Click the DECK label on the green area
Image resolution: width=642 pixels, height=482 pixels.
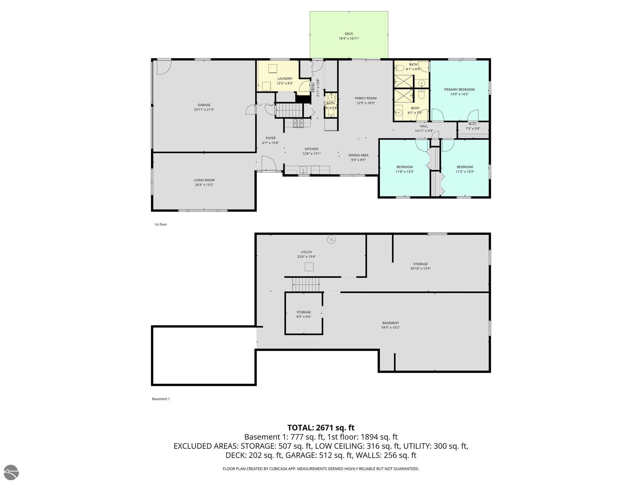[349, 34]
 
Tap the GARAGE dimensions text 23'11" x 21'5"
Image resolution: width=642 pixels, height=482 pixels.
[204, 110]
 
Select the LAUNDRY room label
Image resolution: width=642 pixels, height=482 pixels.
[285, 79]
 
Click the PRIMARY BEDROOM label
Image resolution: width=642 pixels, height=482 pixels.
[459, 89]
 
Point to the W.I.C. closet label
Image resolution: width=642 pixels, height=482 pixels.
[473, 124]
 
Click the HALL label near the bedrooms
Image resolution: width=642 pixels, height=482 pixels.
[424, 126]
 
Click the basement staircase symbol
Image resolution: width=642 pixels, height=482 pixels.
[306, 285]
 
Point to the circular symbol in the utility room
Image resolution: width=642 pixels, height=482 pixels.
[331, 240]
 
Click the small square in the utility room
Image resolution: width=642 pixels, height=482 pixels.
[309, 267]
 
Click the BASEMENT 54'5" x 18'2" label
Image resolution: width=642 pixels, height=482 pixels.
[390, 325]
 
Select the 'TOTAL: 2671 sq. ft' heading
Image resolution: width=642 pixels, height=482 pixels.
[321, 428]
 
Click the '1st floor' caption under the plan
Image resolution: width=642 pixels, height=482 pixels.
[160, 224]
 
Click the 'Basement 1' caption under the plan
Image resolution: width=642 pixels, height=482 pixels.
[161, 399]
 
